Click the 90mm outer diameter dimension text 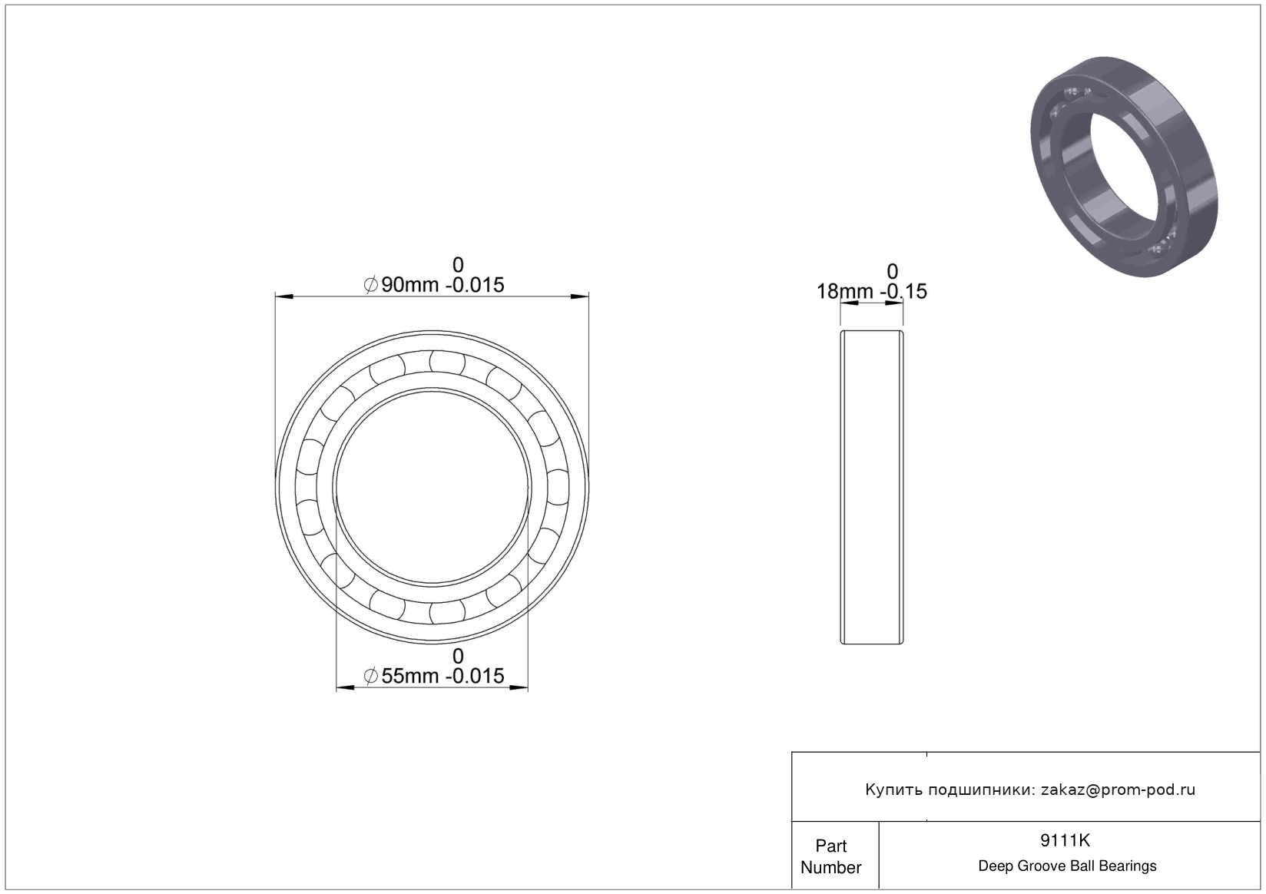coord(433,285)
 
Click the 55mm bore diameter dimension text coord(433,676)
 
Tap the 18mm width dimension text coord(871,292)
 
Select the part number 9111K coord(1065,840)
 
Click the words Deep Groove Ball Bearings coord(1067,866)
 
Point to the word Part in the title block coord(831,846)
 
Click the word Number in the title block coord(831,867)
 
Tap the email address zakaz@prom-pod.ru coord(1118,790)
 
